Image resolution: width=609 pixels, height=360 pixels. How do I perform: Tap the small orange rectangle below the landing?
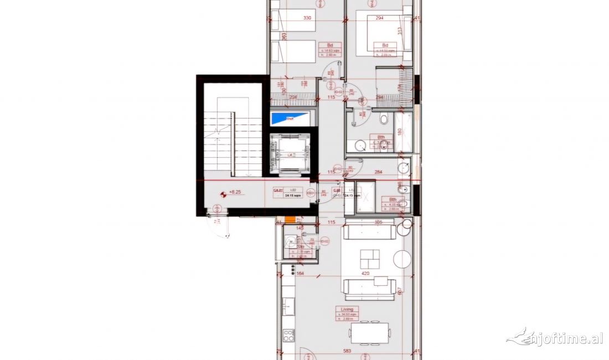[x=290, y=220]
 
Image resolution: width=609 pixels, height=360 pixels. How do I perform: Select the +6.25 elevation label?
[x=236, y=193]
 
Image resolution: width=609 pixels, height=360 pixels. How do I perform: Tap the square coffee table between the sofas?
[x=370, y=258]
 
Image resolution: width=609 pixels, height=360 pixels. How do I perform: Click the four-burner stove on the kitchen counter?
[x=288, y=335]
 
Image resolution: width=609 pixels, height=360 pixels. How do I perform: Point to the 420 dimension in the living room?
[x=365, y=272]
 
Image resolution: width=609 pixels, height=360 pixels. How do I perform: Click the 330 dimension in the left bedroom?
[x=307, y=18]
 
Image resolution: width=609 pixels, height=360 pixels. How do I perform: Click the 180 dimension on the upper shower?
[x=399, y=131]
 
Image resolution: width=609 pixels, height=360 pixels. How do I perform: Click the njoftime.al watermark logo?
[x=555, y=337]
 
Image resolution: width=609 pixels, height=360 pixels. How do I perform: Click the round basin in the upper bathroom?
[x=361, y=145]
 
